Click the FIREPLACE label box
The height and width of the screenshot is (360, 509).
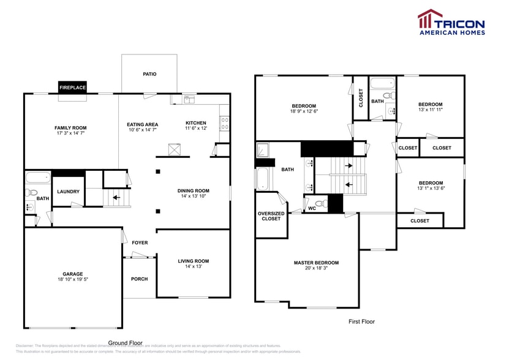tap(72, 88)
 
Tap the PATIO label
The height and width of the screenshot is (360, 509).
tap(149, 74)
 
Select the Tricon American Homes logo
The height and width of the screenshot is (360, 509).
tap(451, 23)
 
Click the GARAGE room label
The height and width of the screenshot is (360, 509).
tap(72, 274)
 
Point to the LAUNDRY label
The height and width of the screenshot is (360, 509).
tap(68, 192)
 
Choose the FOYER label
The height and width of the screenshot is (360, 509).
tap(140, 243)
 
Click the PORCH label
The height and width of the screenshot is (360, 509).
tap(140, 279)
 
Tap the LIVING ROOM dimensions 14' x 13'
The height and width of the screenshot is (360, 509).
tap(194, 267)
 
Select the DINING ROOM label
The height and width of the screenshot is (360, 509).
tap(194, 190)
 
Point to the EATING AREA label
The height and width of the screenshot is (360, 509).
tap(142, 123)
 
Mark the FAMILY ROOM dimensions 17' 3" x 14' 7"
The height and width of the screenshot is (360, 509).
tap(70, 133)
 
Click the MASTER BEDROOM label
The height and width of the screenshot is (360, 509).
tap(316, 263)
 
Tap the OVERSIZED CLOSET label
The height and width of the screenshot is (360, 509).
tap(271, 216)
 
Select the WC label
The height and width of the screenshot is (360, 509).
tap(312, 208)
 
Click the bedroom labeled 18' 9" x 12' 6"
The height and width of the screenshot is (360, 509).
tap(304, 108)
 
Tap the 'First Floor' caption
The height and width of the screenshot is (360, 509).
tap(361, 321)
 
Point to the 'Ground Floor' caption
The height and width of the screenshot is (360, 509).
tap(126, 343)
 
